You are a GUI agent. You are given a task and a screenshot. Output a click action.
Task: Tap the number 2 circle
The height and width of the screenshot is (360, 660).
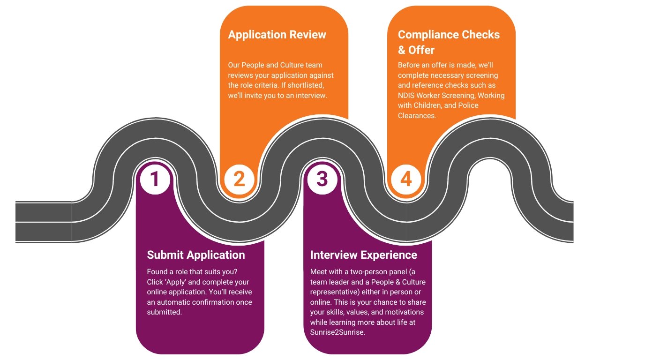[x=239, y=180]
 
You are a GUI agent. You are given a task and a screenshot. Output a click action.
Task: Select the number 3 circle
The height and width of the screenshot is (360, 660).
[x=322, y=180]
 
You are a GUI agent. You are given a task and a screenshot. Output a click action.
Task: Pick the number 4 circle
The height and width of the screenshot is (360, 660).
[x=406, y=180]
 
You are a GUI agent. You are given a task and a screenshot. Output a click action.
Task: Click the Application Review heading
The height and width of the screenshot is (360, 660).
[x=277, y=35]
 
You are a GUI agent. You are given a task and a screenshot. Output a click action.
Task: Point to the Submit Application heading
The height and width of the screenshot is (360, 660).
[x=196, y=255]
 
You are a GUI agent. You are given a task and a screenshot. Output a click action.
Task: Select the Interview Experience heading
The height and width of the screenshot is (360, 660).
[x=363, y=255]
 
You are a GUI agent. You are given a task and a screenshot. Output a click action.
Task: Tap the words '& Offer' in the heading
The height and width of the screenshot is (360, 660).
[x=416, y=50]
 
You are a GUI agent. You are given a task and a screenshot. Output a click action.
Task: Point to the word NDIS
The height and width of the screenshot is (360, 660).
[x=407, y=95]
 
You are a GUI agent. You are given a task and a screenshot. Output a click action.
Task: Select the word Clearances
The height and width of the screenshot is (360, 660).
[x=417, y=115]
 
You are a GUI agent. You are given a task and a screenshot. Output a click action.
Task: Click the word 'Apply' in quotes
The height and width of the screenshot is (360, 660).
[x=174, y=282]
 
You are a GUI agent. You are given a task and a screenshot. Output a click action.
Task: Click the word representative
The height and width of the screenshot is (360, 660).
[x=333, y=292]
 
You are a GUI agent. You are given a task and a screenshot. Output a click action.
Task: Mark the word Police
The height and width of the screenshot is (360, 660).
[x=467, y=105]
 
